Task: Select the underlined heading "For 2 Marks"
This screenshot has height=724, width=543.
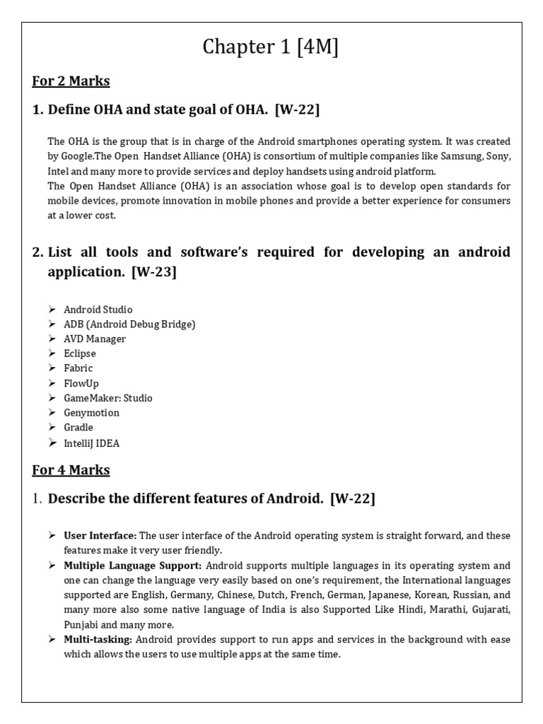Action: [x=71, y=81]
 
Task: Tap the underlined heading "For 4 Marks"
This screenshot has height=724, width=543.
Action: [x=71, y=469]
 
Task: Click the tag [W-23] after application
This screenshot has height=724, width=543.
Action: [x=153, y=272]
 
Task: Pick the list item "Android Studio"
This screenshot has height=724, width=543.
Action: [x=98, y=310]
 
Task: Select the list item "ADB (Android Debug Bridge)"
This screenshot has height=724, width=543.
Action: [x=129, y=325]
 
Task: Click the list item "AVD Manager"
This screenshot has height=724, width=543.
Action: [x=95, y=339]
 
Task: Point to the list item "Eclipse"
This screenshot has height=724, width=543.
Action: [x=80, y=354]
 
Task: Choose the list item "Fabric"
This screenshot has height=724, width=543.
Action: [x=78, y=368]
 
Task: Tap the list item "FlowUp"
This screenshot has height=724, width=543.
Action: [x=81, y=383]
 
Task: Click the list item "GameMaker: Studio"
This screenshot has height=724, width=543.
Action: [x=108, y=398]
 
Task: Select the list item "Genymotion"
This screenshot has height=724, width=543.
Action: [x=92, y=413]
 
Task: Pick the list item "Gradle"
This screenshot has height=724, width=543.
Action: [x=78, y=428]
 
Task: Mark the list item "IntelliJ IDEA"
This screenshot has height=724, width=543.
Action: [x=92, y=443]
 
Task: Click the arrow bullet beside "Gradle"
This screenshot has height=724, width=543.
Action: [x=52, y=428]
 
